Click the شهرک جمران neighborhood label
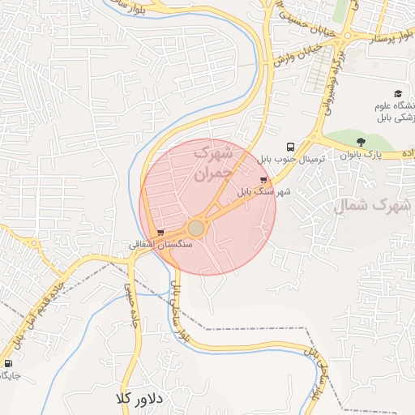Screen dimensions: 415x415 point(213,161)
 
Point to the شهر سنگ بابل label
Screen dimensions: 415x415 point(263,193)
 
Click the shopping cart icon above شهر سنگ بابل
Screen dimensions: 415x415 point(263,180)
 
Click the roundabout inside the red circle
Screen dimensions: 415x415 point(196,228)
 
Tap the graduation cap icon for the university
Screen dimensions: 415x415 point(398,94)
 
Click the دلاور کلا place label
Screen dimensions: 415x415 point(139,399)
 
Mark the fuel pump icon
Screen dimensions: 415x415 point(8,363)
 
